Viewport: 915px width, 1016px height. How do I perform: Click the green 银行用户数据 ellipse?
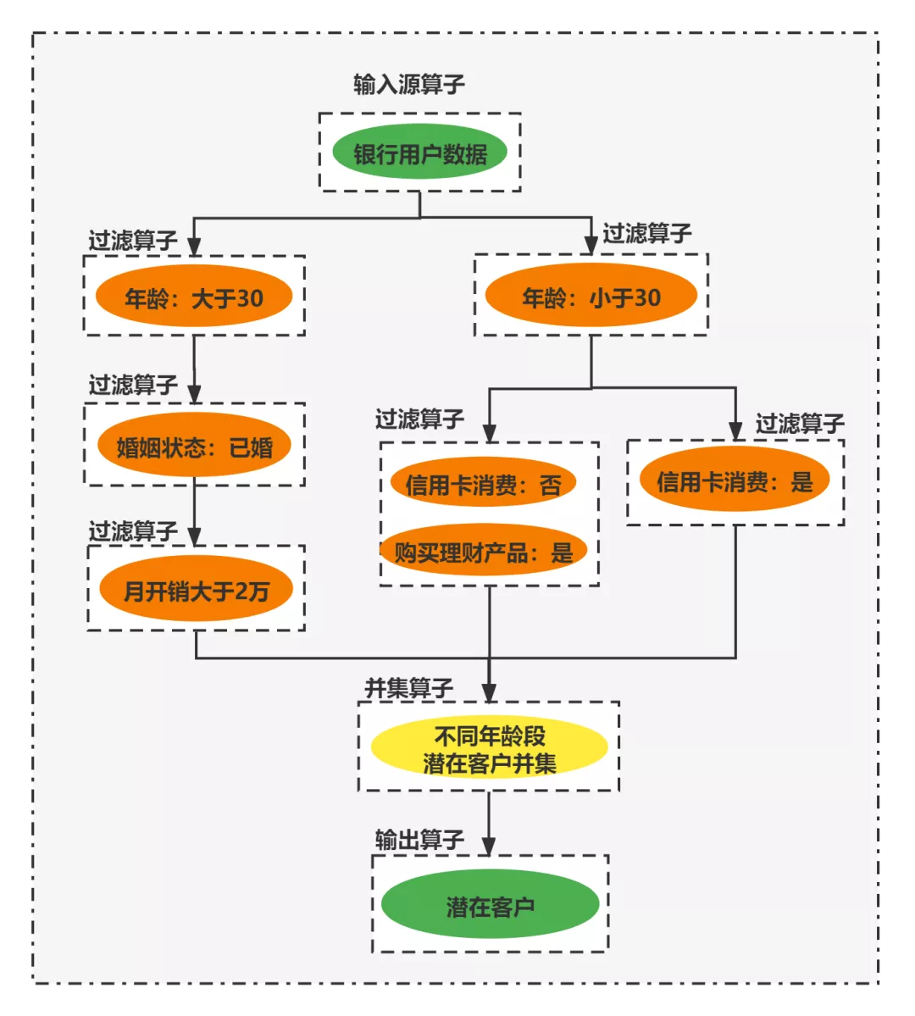(419, 153)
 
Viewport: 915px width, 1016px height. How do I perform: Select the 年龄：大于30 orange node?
(194, 297)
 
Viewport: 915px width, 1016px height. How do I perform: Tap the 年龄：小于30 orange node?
(591, 297)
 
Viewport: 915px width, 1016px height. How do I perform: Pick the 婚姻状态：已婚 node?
(194, 446)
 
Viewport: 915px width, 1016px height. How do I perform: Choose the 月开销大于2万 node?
(196, 590)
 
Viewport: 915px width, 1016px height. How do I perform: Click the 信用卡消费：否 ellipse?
(483, 484)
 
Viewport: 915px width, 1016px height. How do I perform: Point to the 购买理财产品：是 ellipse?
(484, 552)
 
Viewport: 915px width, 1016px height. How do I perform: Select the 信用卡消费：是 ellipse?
(735, 481)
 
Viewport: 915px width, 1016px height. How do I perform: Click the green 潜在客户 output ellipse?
(490, 907)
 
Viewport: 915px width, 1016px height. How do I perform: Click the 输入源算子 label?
(409, 84)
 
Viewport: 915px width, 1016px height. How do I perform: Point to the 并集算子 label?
(409, 688)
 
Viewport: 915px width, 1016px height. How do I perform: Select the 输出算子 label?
(419, 839)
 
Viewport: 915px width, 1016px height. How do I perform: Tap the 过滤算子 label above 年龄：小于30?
(647, 233)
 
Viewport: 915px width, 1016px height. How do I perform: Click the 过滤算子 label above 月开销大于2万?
(133, 531)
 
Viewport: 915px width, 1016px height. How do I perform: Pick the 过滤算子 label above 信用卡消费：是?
(800, 423)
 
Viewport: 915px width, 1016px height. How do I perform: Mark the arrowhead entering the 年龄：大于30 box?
(194, 247)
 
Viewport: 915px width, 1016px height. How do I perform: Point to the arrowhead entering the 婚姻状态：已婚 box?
(194, 394)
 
